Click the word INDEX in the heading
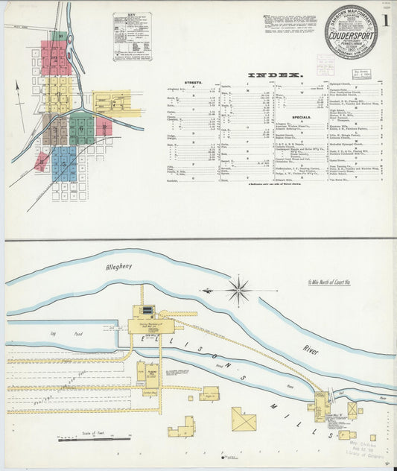coord(274,75)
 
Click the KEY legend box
coord(132,36)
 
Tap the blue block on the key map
coord(65,164)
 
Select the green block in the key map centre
coord(82,128)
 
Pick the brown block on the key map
coord(53,130)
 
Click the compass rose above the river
coord(238,289)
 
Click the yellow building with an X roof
coord(243,419)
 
